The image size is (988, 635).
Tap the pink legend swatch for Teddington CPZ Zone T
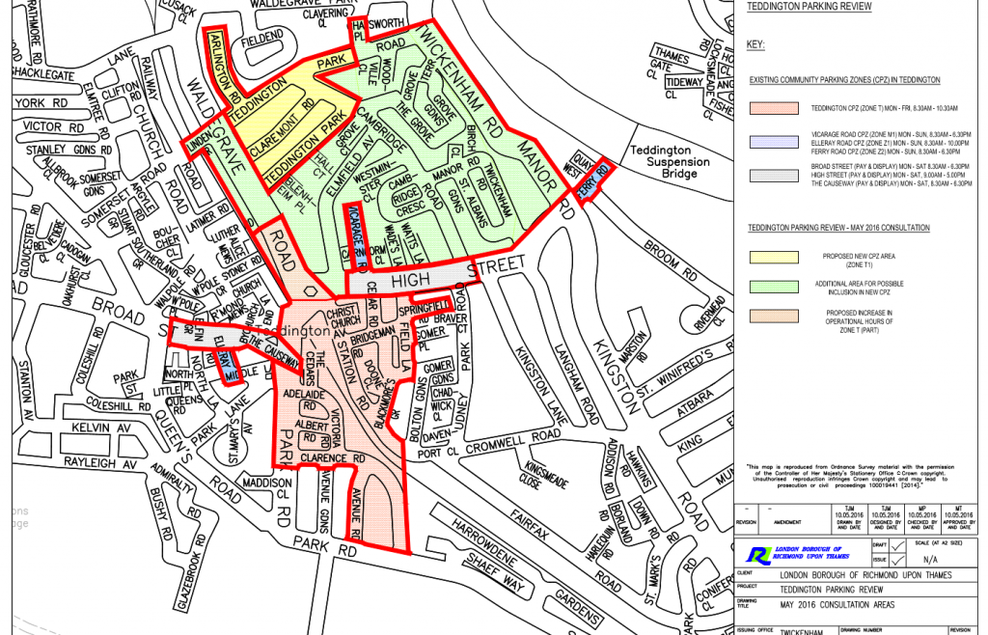(773, 107)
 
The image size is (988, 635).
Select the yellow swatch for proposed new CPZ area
(773, 256)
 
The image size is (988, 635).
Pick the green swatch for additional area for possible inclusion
(773, 286)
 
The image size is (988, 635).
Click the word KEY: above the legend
(755, 45)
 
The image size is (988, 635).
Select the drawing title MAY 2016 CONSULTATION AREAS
(837, 606)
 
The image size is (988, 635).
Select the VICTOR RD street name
(43, 126)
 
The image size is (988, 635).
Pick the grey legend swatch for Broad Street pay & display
(773, 175)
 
